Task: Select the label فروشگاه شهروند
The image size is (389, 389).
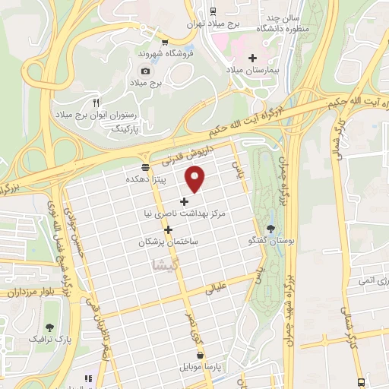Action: (162, 55)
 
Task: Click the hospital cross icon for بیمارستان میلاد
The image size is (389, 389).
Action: (253, 58)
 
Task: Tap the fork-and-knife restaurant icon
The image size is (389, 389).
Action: (96, 102)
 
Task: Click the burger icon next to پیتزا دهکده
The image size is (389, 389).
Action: (145, 166)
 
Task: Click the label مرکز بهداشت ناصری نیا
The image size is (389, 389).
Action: (186, 215)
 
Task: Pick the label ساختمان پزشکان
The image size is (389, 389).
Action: (168, 242)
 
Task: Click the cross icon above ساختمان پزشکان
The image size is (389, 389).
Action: (168, 229)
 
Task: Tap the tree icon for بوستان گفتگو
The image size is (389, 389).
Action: (272, 228)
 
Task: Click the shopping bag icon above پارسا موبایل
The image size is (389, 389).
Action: (200, 355)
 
